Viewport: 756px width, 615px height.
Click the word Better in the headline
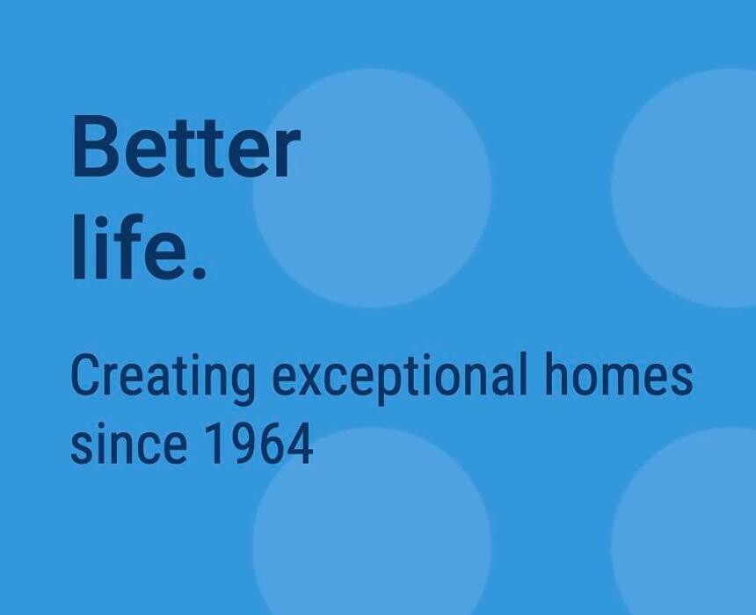tap(186, 147)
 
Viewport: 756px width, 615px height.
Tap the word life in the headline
tap(129, 247)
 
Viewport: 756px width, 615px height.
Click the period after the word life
tap(199, 273)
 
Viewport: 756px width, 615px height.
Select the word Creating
tap(163, 376)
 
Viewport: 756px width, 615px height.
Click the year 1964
tap(258, 443)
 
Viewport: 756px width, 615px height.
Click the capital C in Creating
tap(86, 374)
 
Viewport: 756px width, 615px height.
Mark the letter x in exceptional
tap(316, 380)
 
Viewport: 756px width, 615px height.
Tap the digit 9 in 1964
tap(244, 444)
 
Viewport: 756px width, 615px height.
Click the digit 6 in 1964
tap(271, 444)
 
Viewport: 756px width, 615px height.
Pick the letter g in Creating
tap(241, 385)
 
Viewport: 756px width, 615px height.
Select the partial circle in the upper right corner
tap(685, 188)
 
